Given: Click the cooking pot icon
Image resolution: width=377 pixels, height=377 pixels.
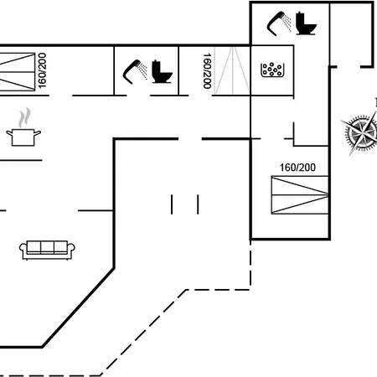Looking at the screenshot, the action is coord(23,137).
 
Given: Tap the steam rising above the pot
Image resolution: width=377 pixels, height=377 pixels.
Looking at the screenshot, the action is coord(24,118).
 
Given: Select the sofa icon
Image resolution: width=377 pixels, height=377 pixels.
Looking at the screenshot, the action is coord(47,250).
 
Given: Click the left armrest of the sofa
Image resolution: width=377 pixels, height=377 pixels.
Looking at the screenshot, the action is coord(23,249).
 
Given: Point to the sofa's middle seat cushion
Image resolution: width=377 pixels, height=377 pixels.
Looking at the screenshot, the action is coord(47,247).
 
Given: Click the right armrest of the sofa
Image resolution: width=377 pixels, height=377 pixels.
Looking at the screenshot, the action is coord(71,249).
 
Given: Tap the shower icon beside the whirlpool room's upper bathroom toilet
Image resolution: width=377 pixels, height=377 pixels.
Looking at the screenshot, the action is coord(279,23).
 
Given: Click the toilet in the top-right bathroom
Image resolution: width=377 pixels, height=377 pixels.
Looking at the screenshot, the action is coord(306,23).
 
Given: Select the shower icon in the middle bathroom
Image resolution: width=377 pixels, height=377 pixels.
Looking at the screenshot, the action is coord(135,71).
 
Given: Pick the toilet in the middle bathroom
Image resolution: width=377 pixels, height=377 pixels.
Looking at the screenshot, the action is coord(162,71).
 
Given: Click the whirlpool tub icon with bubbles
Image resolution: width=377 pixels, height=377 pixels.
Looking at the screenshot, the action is coord(272,70).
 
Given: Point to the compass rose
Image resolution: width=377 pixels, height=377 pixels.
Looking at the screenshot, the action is coord(362,132).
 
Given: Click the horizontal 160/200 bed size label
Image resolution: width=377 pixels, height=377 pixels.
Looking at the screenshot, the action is coord(297,168).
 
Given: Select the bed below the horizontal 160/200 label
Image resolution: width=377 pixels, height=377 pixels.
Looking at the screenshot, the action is coord(300,195).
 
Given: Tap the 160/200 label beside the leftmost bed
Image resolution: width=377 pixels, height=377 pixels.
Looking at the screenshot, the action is coord(42,70).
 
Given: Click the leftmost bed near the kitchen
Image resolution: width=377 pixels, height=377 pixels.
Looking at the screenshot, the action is coord(18,72).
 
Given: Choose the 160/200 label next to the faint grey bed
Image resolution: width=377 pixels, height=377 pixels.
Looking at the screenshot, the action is coord(207,71).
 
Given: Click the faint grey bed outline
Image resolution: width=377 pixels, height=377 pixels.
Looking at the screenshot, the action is coord(232,70).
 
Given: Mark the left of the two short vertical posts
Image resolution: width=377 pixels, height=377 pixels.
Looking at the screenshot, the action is coord(172,204).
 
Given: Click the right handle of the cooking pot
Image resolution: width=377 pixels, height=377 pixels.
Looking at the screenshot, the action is coord(38,132).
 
